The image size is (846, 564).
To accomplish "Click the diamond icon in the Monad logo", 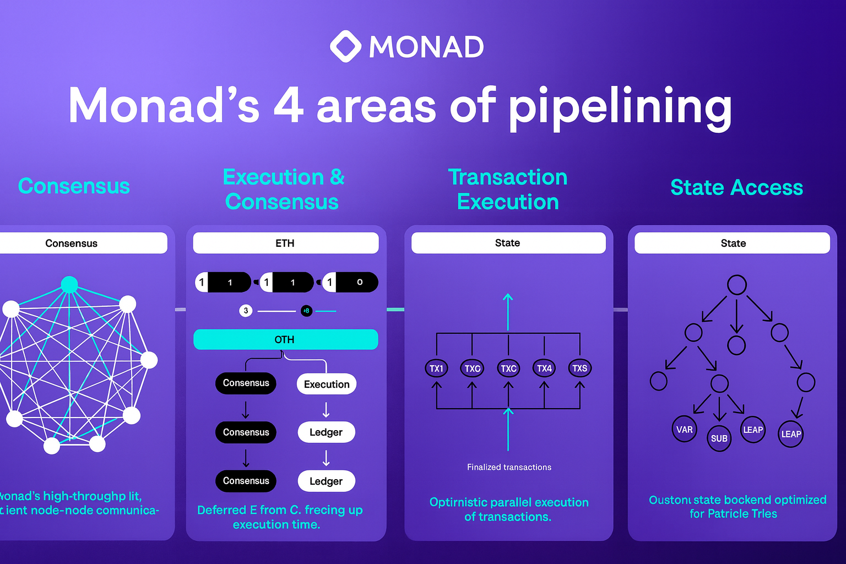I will (345, 46).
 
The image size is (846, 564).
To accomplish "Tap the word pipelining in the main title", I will (620, 107).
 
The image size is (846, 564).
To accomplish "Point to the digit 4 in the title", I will (288, 105).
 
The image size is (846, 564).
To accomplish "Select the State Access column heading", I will (736, 187).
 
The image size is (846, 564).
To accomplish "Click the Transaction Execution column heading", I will (508, 189).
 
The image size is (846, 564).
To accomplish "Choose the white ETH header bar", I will (285, 243).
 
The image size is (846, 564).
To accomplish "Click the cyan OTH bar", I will (285, 339).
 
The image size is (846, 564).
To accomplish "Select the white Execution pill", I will (327, 384).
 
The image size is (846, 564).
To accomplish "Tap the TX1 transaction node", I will (436, 368).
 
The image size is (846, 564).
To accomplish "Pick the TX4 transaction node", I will (544, 368).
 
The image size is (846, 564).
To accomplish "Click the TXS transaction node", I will (579, 368).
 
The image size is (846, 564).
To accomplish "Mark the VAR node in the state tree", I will (684, 430).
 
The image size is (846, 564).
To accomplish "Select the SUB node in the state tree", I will (719, 438).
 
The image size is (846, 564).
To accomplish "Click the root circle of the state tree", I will (736, 285).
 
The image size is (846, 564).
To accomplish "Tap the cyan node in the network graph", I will (69, 284).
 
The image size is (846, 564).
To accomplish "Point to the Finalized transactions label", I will (509, 467).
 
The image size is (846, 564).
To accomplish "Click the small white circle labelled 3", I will (246, 311).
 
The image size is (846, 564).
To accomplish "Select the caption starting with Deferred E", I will (279, 517).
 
